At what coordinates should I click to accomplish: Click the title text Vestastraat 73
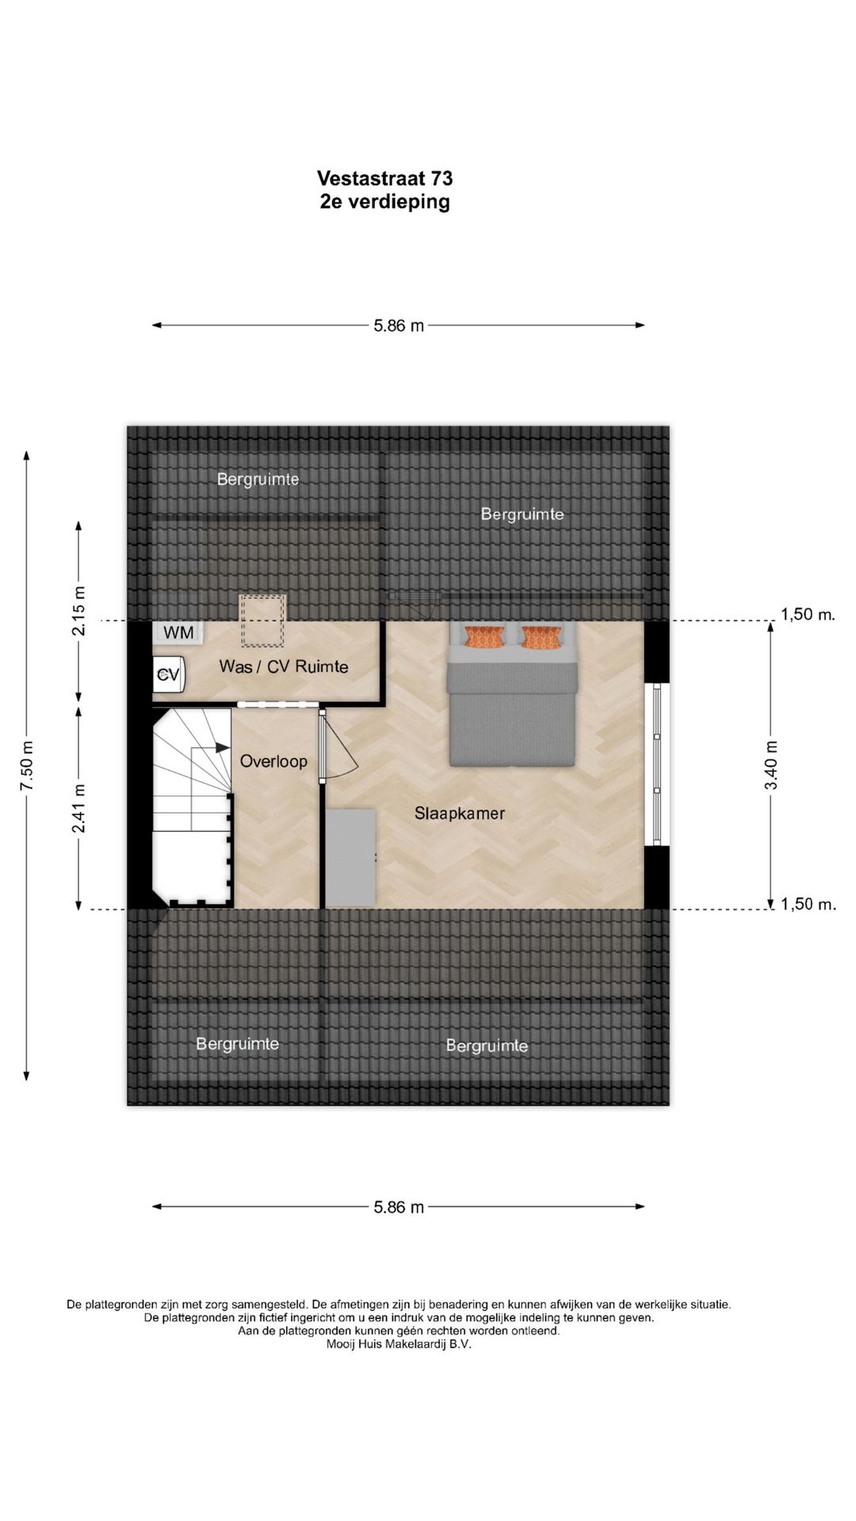click(384, 178)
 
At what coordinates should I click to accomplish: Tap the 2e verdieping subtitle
click(384, 202)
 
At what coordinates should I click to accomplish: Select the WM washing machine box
click(178, 632)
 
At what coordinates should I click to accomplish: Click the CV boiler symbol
click(168, 675)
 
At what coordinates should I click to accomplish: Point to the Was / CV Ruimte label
click(284, 666)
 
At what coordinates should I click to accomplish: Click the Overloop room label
click(273, 761)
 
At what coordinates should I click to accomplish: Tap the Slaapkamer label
click(460, 813)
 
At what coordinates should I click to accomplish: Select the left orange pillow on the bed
click(484, 637)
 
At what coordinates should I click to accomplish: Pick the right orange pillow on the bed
click(541, 637)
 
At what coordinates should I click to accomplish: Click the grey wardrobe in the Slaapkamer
click(350, 858)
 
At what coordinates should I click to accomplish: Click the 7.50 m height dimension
click(27, 765)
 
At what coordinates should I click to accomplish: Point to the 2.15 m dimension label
click(78, 611)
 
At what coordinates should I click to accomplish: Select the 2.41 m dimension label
click(78, 808)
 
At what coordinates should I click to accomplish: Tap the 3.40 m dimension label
click(770, 764)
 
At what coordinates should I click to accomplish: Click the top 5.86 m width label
click(399, 326)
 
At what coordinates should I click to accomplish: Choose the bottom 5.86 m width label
click(399, 1207)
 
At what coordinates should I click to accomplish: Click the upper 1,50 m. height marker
click(808, 614)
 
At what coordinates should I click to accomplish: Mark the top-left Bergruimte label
click(258, 478)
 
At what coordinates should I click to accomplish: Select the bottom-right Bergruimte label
click(487, 1046)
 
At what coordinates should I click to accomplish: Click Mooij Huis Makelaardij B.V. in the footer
click(399, 1344)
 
